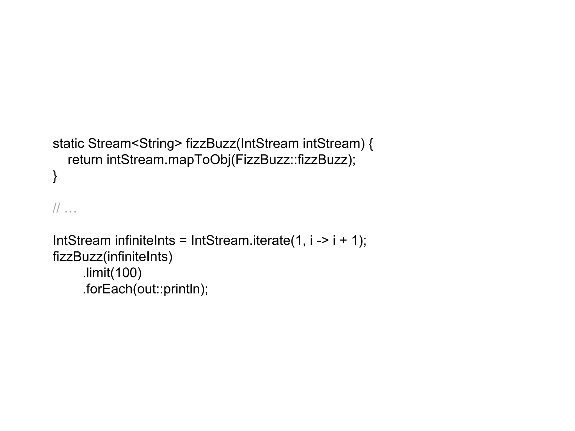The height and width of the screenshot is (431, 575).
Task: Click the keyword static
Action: point(68,143)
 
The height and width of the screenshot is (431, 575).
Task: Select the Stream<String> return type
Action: point(135,143)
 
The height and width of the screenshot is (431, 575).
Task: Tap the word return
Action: point(85,160)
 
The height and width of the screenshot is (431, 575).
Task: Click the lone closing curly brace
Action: point(55,176)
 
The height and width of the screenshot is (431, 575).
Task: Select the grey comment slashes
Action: point(56,208)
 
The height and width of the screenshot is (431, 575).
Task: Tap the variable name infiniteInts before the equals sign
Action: point(145,240)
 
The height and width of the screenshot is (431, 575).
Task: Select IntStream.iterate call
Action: point(240,240)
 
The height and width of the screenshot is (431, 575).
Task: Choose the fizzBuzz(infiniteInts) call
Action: point(113,256)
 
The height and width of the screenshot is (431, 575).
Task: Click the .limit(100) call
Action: point(112,273)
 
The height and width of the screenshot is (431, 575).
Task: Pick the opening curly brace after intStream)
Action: point(371,144)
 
